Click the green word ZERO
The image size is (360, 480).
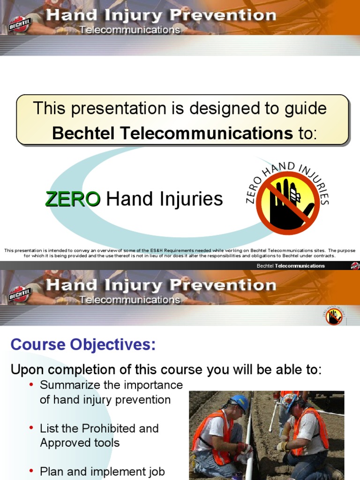click(72, 200)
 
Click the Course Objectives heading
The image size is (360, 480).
click(83, 345)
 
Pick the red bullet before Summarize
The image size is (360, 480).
click(31, 385)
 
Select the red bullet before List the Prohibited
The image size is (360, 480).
click(31, 428)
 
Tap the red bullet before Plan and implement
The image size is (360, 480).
click(31, 472)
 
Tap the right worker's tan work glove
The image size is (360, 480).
click(282, 446)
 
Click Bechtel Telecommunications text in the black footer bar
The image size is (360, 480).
click(291, 266)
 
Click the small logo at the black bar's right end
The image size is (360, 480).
click(355, 266)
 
